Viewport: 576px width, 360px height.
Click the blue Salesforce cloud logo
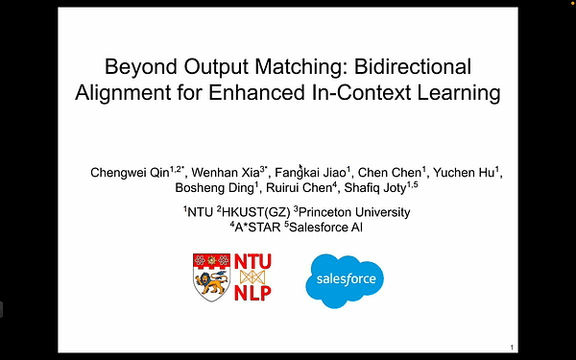point(344,279)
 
